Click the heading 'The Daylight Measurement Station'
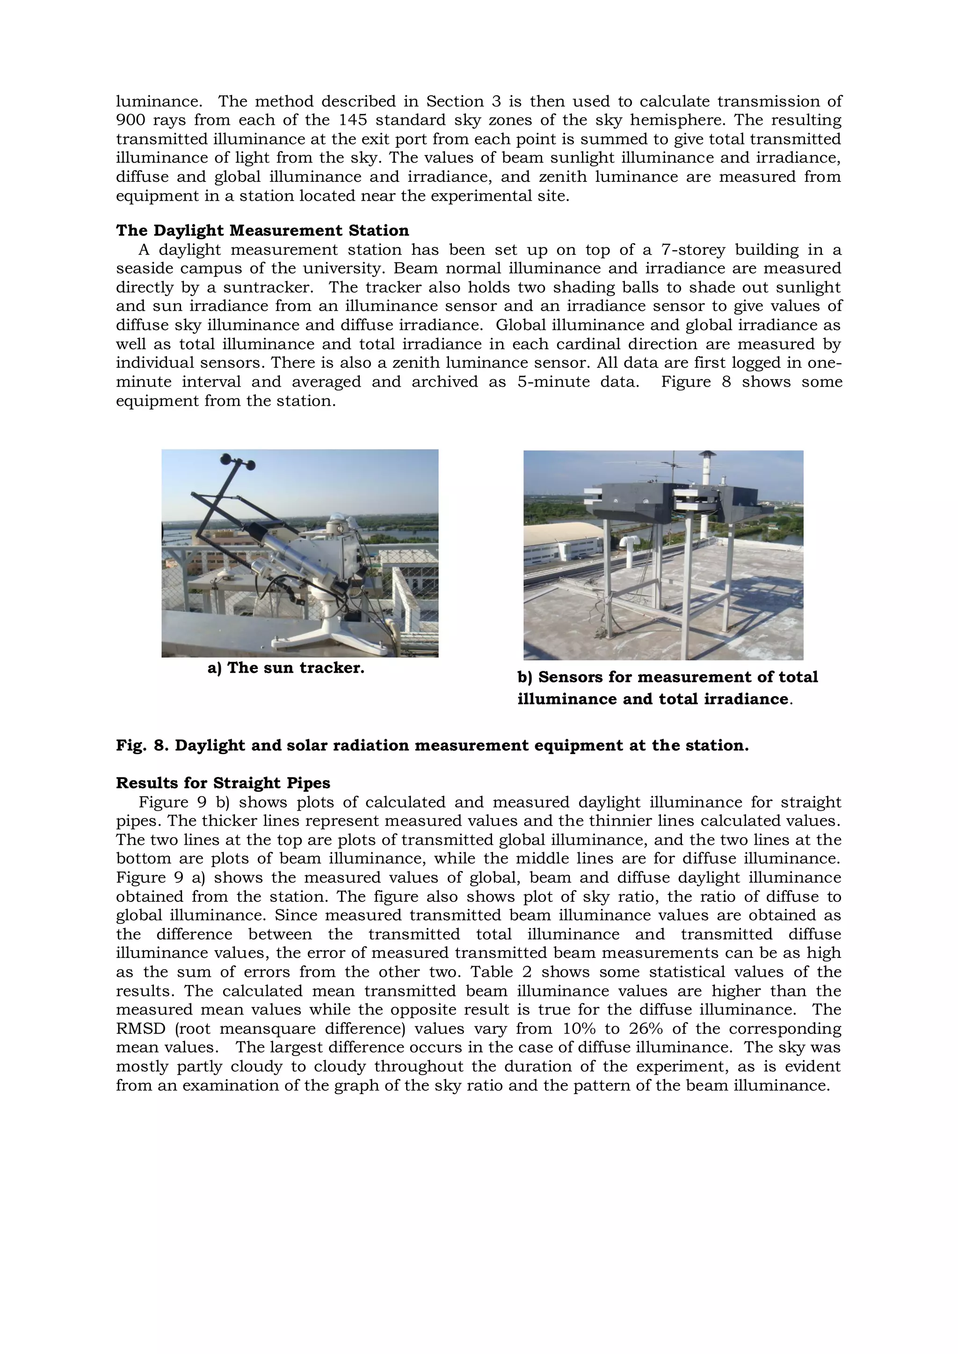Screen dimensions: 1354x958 (262, 230)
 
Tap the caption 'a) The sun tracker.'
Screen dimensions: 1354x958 (285, 668)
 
